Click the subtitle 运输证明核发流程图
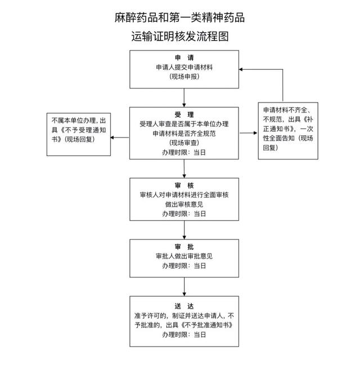[x=179, y=37]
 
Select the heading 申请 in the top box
[x=184, y=57]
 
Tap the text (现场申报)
[x=184, y=76]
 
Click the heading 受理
[x=184, y=114]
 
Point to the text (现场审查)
[x=184, y=142]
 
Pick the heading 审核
[x=184, y=186]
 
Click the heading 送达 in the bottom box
[x=184, y=306]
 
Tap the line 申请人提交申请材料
[x=184, y=67]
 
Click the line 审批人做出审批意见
[x=184, y=256]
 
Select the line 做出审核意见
[x=184, y=204]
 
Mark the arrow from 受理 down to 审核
[x=184, y=169]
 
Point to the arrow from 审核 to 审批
[x=184, y=229]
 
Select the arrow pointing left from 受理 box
[x=119, y=134]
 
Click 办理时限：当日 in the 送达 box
[x=184, y=335]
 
